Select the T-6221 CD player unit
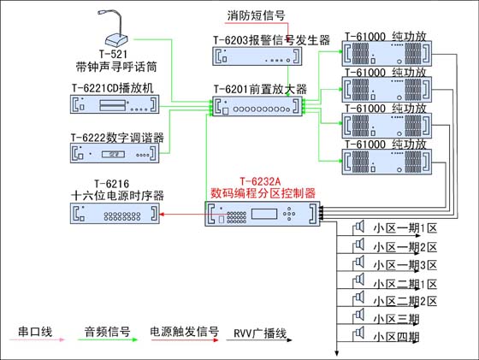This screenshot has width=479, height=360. point(115,104)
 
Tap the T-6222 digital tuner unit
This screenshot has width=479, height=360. point(115,153)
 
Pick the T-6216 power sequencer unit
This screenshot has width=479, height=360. point(115,214)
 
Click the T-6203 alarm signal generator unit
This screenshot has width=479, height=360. point(257,56)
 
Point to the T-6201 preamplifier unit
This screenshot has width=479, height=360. point(257,106)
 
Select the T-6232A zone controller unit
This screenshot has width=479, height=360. point(263,214)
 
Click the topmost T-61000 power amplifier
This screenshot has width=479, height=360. point(387,53)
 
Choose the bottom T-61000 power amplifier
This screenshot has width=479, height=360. point(387,162)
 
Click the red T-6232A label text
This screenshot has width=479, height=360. point(260,181)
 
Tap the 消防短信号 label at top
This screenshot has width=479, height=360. point(256,15)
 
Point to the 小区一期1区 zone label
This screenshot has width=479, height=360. point(405,228)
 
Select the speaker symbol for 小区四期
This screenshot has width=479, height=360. point(358,333)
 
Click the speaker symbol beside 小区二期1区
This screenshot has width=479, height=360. point(358,280)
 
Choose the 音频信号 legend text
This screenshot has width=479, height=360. point(107,332)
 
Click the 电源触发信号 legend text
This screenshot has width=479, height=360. point(185,331)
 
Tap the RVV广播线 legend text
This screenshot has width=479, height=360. point(260,333)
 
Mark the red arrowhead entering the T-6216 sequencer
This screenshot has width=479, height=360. point(162,214)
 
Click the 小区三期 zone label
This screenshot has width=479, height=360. point(396,319)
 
